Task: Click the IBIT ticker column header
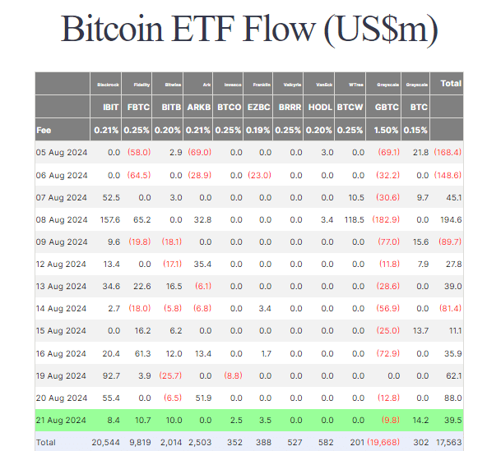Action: tap(111, 107)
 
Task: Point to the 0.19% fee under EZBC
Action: tap(258, 130)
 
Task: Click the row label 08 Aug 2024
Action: tap(62, 219)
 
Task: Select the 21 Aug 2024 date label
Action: tap(62, 420)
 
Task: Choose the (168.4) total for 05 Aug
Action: tap(448, 153)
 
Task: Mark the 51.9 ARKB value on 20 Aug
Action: tap(202, 398)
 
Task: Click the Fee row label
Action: tap(44, 130)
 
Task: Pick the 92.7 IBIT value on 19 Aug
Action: tap(110, 375)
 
